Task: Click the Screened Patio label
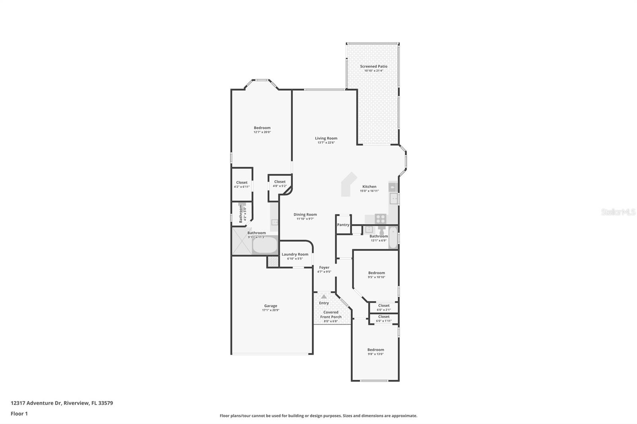coord(373,66)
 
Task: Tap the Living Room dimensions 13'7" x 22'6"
coord(326,142)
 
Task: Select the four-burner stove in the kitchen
coord(381,218)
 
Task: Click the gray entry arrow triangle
coord(324,297)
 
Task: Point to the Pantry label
coord(343,225)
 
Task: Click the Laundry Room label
coord(295,255)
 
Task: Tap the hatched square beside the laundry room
coord(273,262)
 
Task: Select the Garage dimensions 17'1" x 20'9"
coord(271,310)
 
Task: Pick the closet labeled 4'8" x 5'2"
coord(279,184)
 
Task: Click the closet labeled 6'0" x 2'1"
coord(384,307)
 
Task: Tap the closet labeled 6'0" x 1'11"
coord(384,319)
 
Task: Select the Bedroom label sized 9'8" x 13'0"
coord(375,350)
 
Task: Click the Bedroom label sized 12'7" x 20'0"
coord(262,128)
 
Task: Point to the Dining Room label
coord(305,215)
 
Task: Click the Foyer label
coord(324,268)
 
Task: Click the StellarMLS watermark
coord(618,212)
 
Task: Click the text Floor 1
coord(19,414)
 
